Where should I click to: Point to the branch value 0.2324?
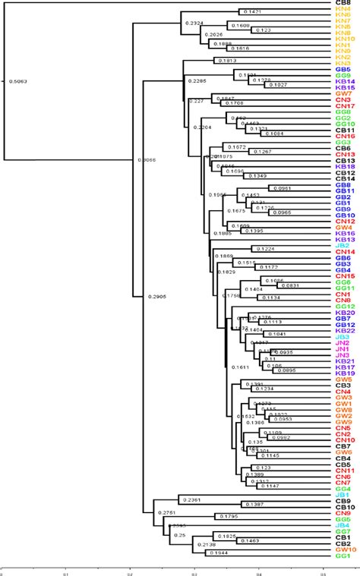(194, 24)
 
